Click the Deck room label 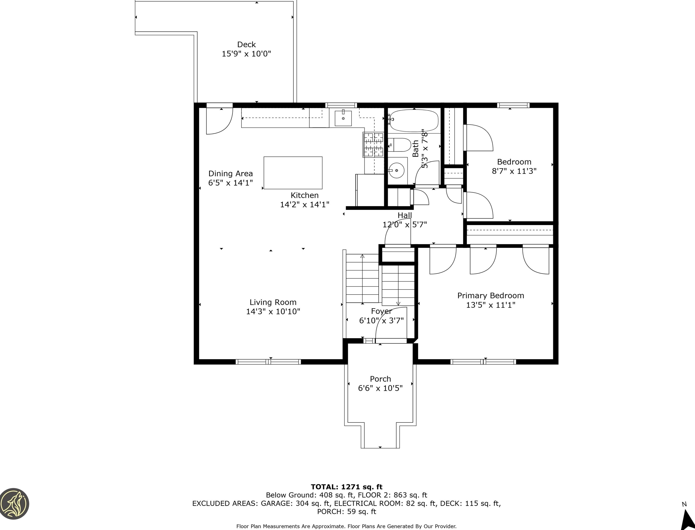[x=246, y=44]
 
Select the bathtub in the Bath [x=413, y=120]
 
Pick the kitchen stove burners [x=373, y=145]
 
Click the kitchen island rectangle [x=293, y=173]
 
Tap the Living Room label [x=273, y=302]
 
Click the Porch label [x=380, y=379]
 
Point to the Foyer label [x=381, y=311]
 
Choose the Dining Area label [x=231, y=174]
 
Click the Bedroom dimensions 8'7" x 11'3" [x=514, y=171]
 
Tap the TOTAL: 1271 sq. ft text [x=347, y=487]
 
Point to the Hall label [x=405, y=215]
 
